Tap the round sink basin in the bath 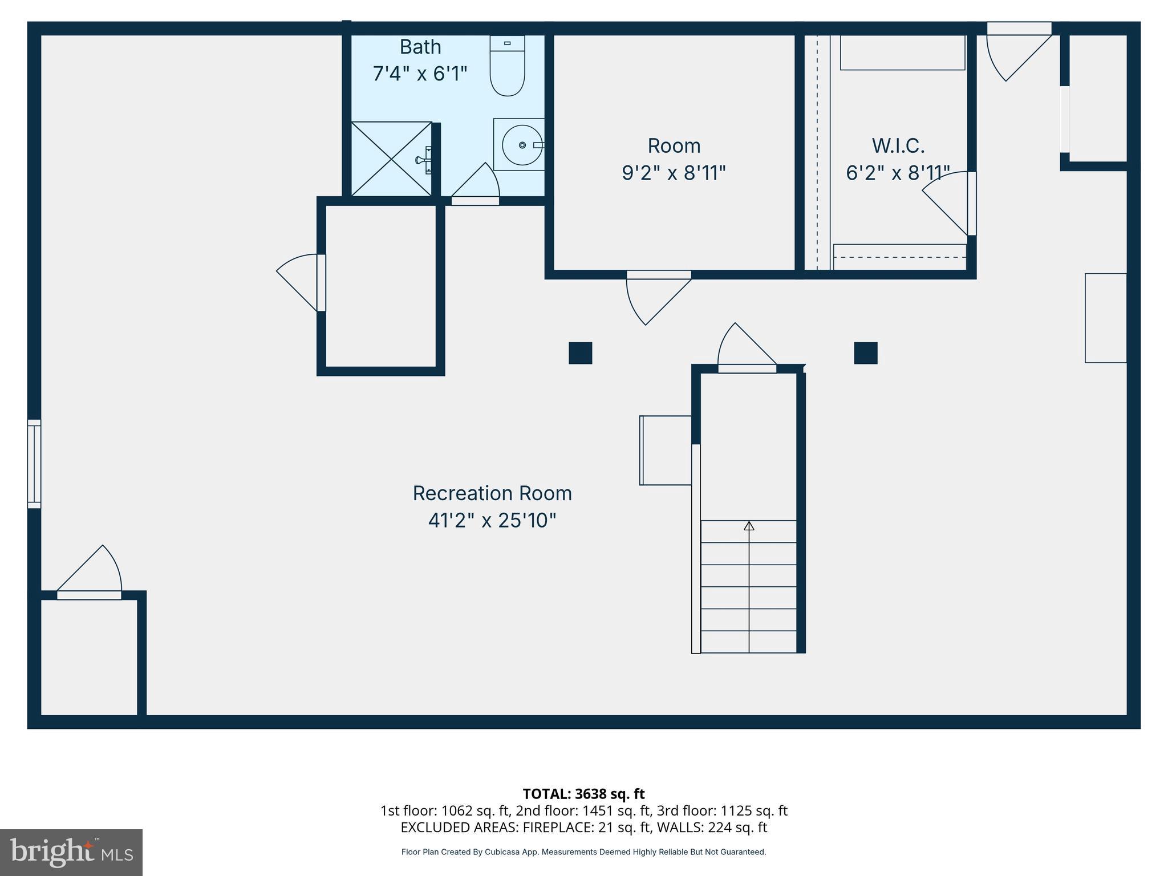click(522, 145)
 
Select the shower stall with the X click(391, 159)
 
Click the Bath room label click(420, 47)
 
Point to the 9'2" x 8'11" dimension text click(674, 173)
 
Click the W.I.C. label click(898, 146)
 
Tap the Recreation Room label click(492, 493)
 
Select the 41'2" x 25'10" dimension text click(492, 520)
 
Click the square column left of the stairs click(580, 353)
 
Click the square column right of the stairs click(865, 353)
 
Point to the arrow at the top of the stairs click(749, 526)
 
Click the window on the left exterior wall click(34, 464)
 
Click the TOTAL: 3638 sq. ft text click(583, 794)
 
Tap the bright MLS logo click(71, 852)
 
